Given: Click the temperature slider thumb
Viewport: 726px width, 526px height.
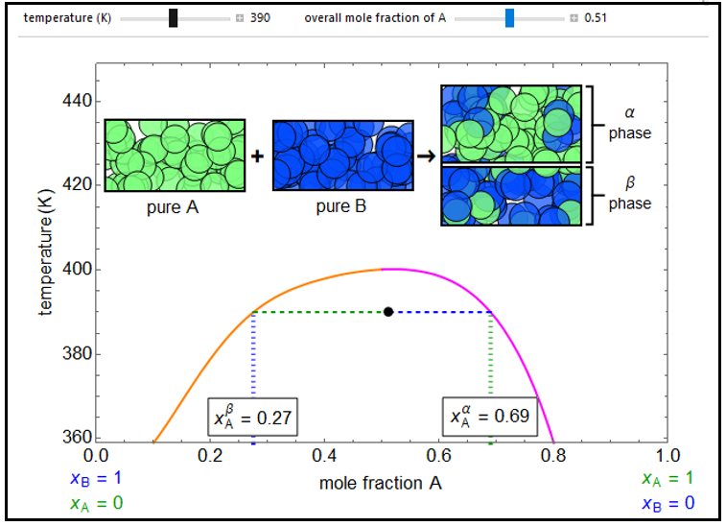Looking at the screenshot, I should click(173, 17).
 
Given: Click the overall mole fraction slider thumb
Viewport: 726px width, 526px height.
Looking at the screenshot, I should click(509, 17).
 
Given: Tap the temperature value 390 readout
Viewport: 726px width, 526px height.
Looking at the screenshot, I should click(260, 17).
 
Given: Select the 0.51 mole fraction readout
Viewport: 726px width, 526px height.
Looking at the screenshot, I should click(596, 17).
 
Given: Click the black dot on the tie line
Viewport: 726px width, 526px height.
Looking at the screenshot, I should click(388, 312).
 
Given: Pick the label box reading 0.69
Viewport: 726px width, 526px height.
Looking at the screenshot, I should click(488, 417).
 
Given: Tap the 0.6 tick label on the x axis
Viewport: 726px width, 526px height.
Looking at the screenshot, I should click(439, 455).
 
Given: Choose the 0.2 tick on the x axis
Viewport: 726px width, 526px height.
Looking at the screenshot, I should click(210, 455).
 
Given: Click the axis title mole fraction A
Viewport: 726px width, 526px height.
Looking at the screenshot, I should click(381, 483).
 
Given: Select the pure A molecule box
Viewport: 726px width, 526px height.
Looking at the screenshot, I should click(175, 155).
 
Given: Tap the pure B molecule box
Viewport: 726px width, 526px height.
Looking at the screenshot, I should click(342, 155).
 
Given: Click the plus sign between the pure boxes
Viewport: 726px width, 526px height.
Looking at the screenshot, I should click(258, 155).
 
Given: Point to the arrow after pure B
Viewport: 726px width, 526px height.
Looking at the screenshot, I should click(426, 155).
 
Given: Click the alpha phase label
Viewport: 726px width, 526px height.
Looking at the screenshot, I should click(629, 124).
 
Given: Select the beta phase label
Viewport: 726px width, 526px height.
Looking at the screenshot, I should click(629, 194).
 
